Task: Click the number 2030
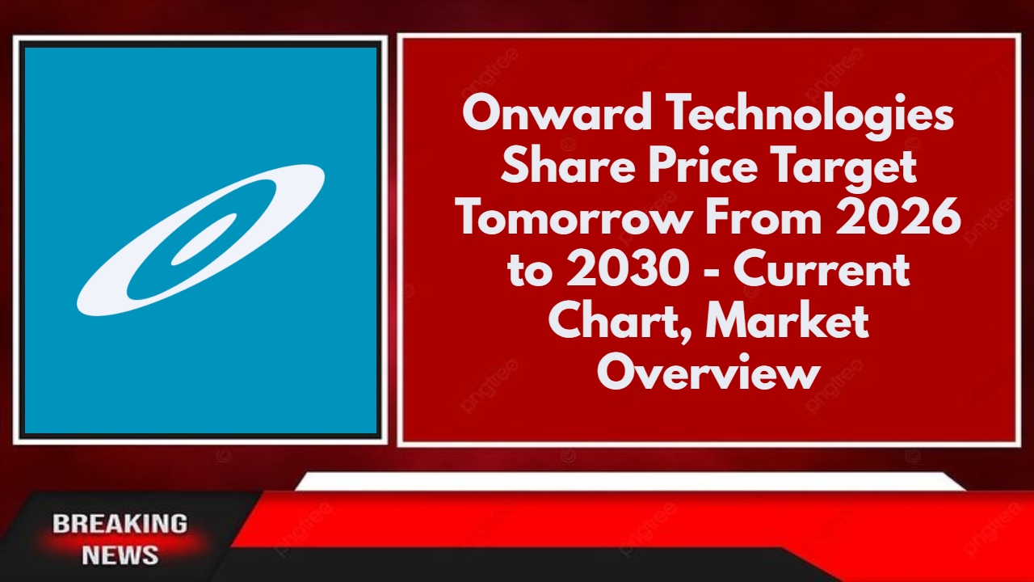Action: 628,270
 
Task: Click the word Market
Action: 787,322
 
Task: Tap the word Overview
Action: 708,373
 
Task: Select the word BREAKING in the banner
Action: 120,524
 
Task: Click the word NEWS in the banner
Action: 120,555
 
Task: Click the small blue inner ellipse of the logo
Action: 204,239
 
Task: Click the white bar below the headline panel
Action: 631,481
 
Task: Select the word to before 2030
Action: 530,272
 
